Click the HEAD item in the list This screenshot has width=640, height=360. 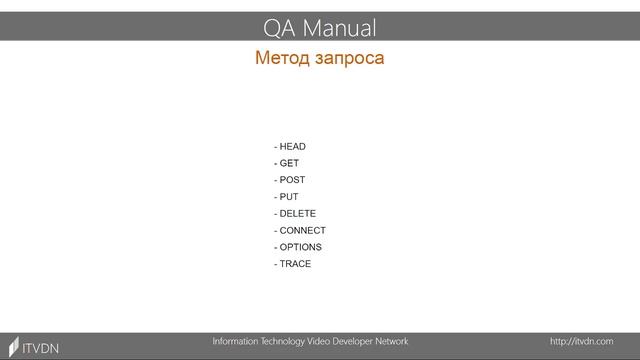292,147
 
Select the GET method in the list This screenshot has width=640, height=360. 289,163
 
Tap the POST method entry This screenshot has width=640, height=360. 292,180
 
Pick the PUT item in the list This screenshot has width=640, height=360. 289,197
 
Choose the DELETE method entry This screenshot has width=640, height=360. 297,214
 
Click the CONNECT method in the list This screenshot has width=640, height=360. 302,230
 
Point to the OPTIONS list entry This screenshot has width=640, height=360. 300,247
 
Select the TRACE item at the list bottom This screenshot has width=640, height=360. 295,264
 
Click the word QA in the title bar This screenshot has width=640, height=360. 279,27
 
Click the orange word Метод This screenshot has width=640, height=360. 282,58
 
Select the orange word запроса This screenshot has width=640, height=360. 349,58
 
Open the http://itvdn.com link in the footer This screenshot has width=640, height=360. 581,342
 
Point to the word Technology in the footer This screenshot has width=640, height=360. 298,342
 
